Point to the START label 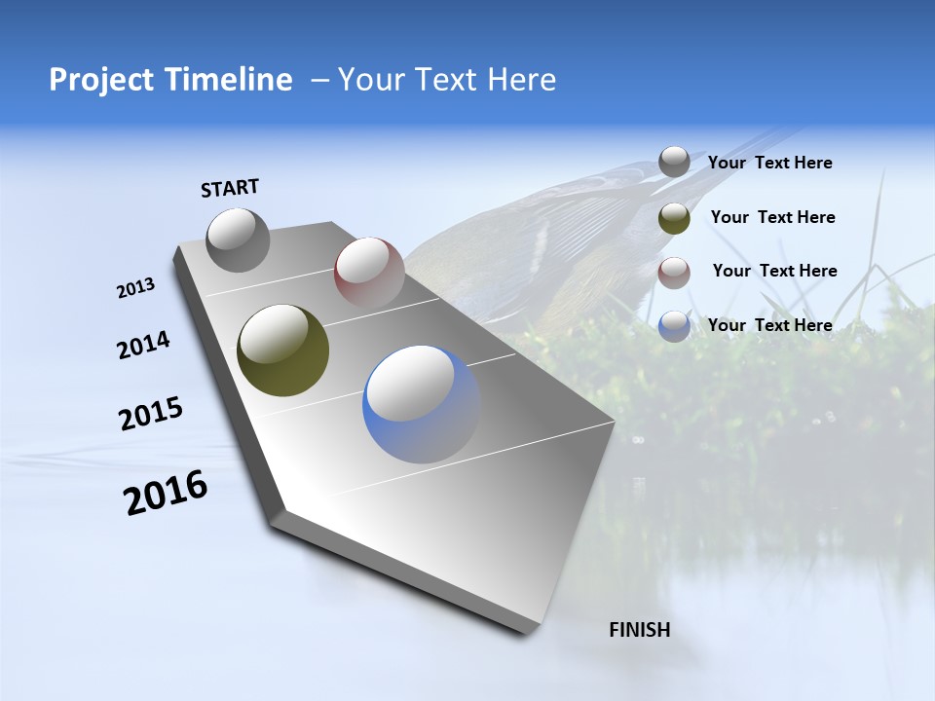pyautogui.click(x=230, y=188)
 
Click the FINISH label pyautogui.click(x=639, y=630)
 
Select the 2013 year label pyautogui.click(x=135, y=288)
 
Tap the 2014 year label pyautogui.click(x=143, y=346)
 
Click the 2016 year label pyautogui.click(x=166, y=493)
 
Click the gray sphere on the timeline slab pyautogui.click(x=238, y=240)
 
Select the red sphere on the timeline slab pyautogui.click(x=369, y=272)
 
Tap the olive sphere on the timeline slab pyautogui.click(x=282, y=350)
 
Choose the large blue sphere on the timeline pyautogui.click(x=421, y=404)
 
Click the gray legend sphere pyautogui.click(x=674, y=162)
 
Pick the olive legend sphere pyautogui.click(x=674, y=218)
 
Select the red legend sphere pyautogui.click(x=674, y=273)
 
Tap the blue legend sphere pyautogui.click(x=674, y=326)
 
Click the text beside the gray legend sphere pyautogui.click(x=769, y=164)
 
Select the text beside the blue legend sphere pyautogui.click(x=769, y=325)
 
